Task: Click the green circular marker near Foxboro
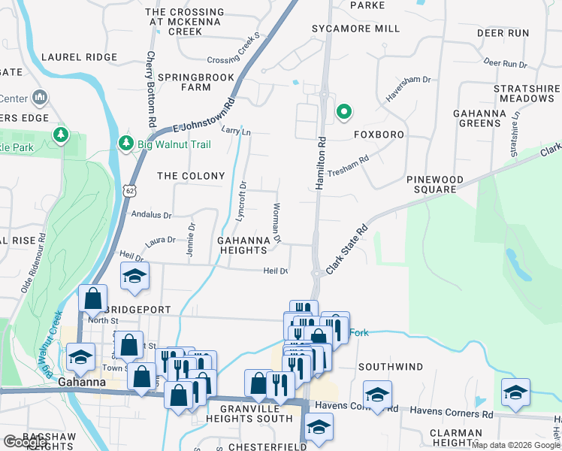point(344,112)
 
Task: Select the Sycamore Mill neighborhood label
point(356,29)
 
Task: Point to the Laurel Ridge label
point(79,57)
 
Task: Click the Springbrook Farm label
point(186,82)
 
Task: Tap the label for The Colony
point(191,176)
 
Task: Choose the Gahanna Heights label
point(243,245)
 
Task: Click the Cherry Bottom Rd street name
point(151,89)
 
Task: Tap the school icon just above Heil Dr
point(134,277)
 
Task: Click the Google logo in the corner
point(25,442)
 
